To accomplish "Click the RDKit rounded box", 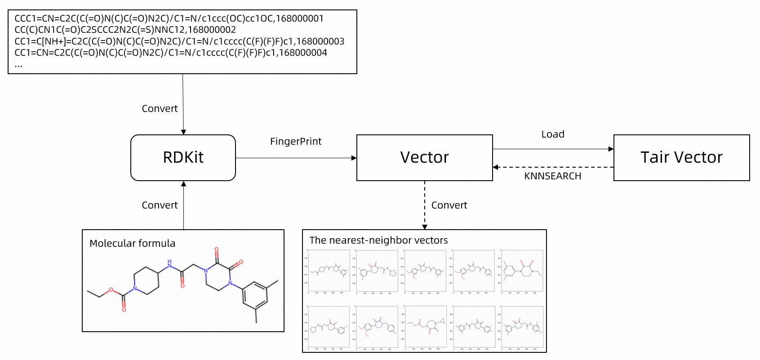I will point(183,157).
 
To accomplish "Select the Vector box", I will point(424,157).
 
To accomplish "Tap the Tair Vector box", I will point(681,157).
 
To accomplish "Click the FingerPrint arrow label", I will point(296,142).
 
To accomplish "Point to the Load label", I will point(552,134).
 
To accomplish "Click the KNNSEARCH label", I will point(552,176).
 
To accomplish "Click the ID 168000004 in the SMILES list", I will point(303,53).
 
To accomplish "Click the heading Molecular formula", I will point(132,244).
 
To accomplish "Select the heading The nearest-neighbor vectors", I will point(378,240).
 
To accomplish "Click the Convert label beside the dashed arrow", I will point(449,205).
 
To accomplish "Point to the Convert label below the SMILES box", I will point(160,109).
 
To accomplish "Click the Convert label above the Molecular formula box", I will point(160,205).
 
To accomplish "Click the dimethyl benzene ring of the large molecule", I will point(255,295).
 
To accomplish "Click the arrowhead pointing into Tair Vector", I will point(611,149).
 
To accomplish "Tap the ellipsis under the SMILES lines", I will point(18,65).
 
